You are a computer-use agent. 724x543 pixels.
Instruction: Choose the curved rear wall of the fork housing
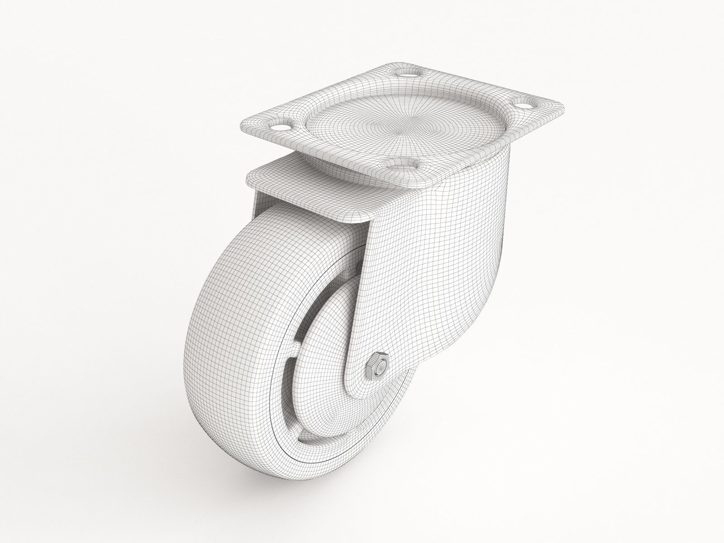point(480,271)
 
